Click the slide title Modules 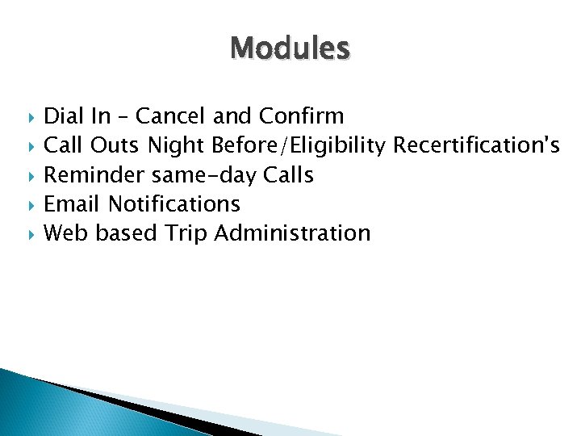coord(290,49)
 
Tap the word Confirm coord(301,117)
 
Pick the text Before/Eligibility coord(299,146)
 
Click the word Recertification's coord(477,146)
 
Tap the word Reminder coord(94,175)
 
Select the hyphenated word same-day coord(204,175)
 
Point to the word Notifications coord(174,204)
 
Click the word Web coord(66,233)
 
